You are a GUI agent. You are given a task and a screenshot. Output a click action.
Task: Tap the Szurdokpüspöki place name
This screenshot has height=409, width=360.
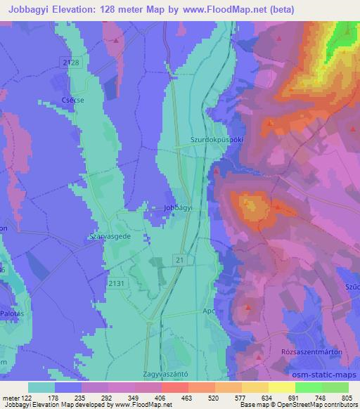[217, 140]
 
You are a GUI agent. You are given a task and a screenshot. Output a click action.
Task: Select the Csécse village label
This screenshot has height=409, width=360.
[73, 100]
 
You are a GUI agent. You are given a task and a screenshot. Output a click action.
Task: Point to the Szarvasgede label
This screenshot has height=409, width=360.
[109, 238]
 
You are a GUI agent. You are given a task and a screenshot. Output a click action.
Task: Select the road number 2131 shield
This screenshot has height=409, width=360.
[117, 283]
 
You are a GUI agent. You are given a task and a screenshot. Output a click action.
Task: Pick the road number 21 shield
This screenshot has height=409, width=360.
[180, 261]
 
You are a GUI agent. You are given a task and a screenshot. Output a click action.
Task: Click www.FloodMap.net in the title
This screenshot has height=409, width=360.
[217, 8]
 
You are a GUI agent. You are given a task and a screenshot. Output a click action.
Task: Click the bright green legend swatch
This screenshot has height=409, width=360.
[309, 387]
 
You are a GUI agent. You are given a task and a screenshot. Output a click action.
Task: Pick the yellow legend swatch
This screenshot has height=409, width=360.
[282, 387]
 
